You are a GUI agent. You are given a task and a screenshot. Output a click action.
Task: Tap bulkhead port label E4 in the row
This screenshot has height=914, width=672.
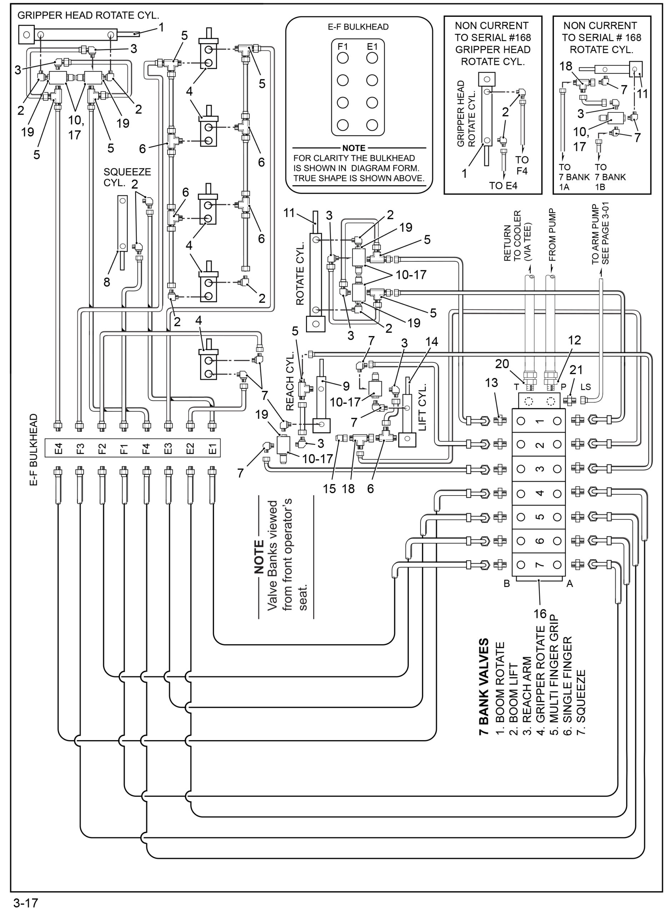coord(59,448)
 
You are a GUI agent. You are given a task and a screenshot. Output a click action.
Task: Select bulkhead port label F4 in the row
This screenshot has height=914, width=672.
coord(146,448)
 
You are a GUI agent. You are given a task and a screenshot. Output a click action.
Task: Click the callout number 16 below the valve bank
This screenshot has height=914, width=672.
coord(540,613)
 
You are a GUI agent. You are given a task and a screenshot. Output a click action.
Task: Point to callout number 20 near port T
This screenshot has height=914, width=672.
coord(502,364)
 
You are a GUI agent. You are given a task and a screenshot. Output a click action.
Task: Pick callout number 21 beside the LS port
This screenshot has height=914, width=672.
coord(576,370)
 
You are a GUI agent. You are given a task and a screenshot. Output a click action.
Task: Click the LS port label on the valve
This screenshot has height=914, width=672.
coord(585,387)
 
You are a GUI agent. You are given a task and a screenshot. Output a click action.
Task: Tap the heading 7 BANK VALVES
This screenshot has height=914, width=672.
coord(484,687)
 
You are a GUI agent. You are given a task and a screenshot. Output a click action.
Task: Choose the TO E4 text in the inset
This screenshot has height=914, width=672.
coord(503,186)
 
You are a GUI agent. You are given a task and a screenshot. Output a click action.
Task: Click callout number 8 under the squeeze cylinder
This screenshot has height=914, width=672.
coord(106,282)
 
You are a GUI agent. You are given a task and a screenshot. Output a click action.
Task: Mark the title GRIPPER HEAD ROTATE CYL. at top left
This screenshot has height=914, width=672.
coord(88,15)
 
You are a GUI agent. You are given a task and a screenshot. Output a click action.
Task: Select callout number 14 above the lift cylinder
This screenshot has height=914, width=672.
coord(432,342)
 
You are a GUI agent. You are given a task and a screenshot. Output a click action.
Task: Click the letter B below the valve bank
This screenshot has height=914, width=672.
coord(507,584)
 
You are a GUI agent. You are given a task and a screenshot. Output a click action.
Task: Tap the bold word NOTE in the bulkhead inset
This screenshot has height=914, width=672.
coord(354,148)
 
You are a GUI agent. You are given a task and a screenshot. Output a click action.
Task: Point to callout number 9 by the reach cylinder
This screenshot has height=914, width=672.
coord(346,386)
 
